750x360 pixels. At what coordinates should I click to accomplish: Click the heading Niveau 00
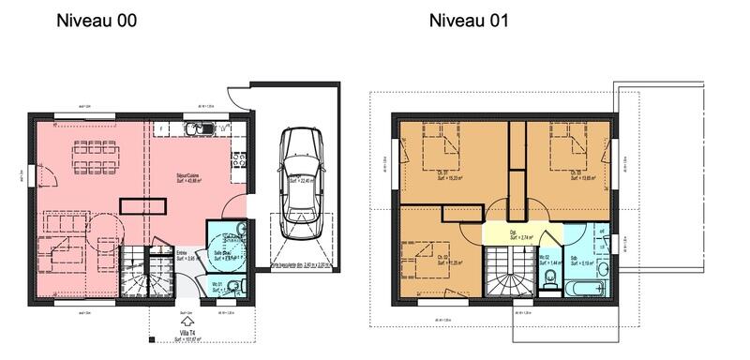(97, 21)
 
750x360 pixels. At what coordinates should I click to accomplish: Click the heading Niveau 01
(469, 21)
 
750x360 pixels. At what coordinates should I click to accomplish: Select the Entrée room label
(184, 254)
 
